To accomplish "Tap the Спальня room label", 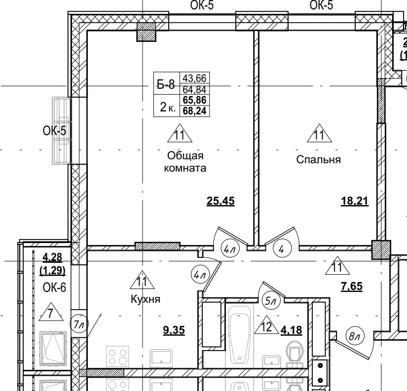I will point(318,160).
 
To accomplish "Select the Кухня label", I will point(145,299).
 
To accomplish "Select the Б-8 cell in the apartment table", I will point(165,84).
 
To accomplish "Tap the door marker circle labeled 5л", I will point(271,299).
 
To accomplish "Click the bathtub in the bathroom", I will point(240,335).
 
